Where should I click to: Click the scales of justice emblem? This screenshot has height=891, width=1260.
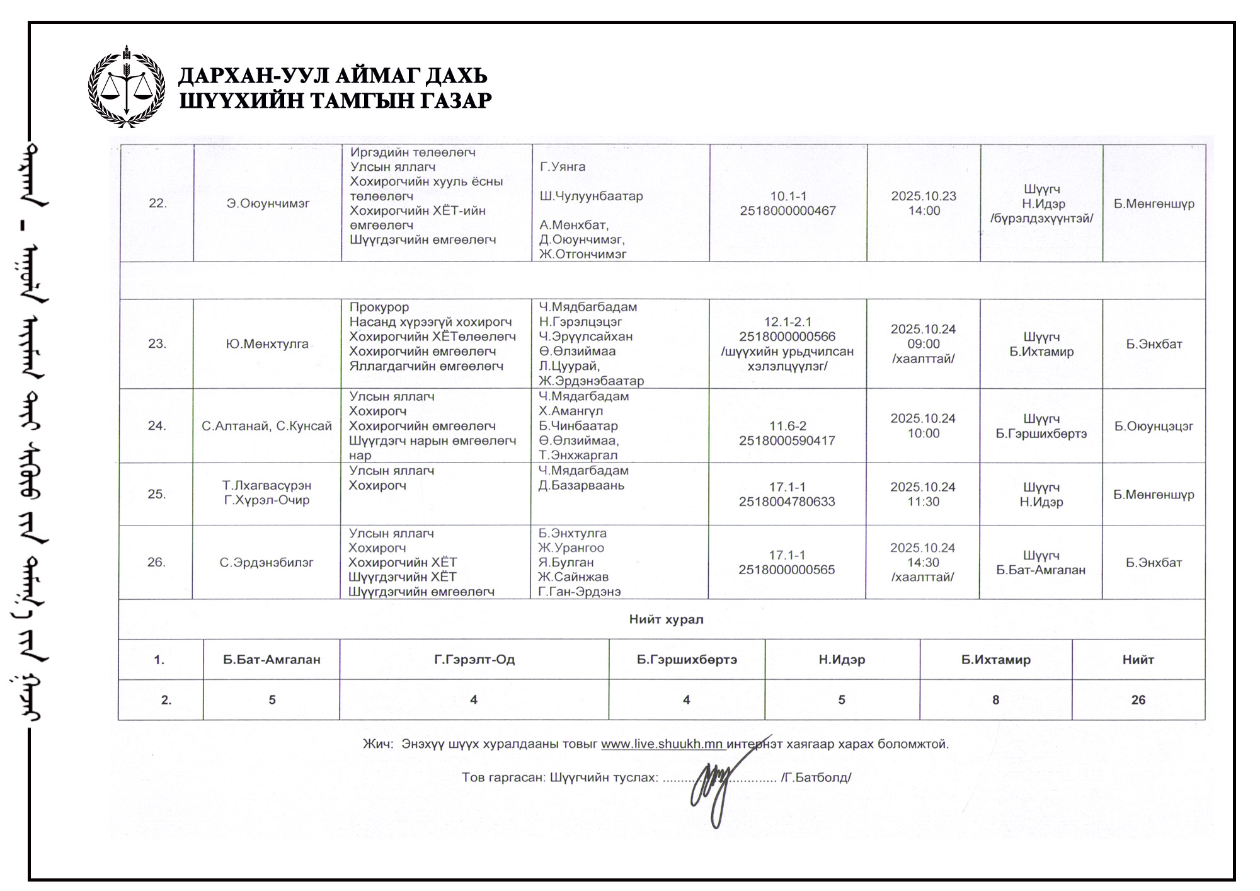tap(127, 86)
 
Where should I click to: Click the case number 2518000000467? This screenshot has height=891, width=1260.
tap(787, 211)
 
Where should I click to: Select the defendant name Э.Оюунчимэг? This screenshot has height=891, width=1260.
tap(268, 204)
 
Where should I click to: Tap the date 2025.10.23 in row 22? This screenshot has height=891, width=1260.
tap(924, 196)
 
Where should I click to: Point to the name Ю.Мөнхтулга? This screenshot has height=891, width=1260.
tap(267, 344)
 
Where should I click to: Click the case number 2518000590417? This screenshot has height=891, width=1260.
tap(787, 440)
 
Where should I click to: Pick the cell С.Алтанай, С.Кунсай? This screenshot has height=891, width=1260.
tap(266, 426)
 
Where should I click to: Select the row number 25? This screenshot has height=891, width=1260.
tap(157, 494)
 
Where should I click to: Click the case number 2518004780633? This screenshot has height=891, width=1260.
tap(787, 502)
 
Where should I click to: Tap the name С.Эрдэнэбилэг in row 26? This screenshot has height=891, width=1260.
tap(266, 563)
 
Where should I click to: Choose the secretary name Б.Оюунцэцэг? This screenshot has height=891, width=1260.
tap(1154, 426)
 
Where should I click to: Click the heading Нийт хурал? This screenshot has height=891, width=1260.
tap(666, 619)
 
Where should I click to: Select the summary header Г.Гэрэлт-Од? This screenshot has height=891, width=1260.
tap(474, 660)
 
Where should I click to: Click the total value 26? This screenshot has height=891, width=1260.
tap(1138, 700)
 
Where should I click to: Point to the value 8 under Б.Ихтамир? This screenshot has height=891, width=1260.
tap(995, 700)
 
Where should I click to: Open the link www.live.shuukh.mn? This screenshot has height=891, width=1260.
tap(661, 744)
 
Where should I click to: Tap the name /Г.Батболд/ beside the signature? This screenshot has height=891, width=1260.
tap(816, 778)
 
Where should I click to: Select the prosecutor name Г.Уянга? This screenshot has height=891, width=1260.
tap(563, 167)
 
